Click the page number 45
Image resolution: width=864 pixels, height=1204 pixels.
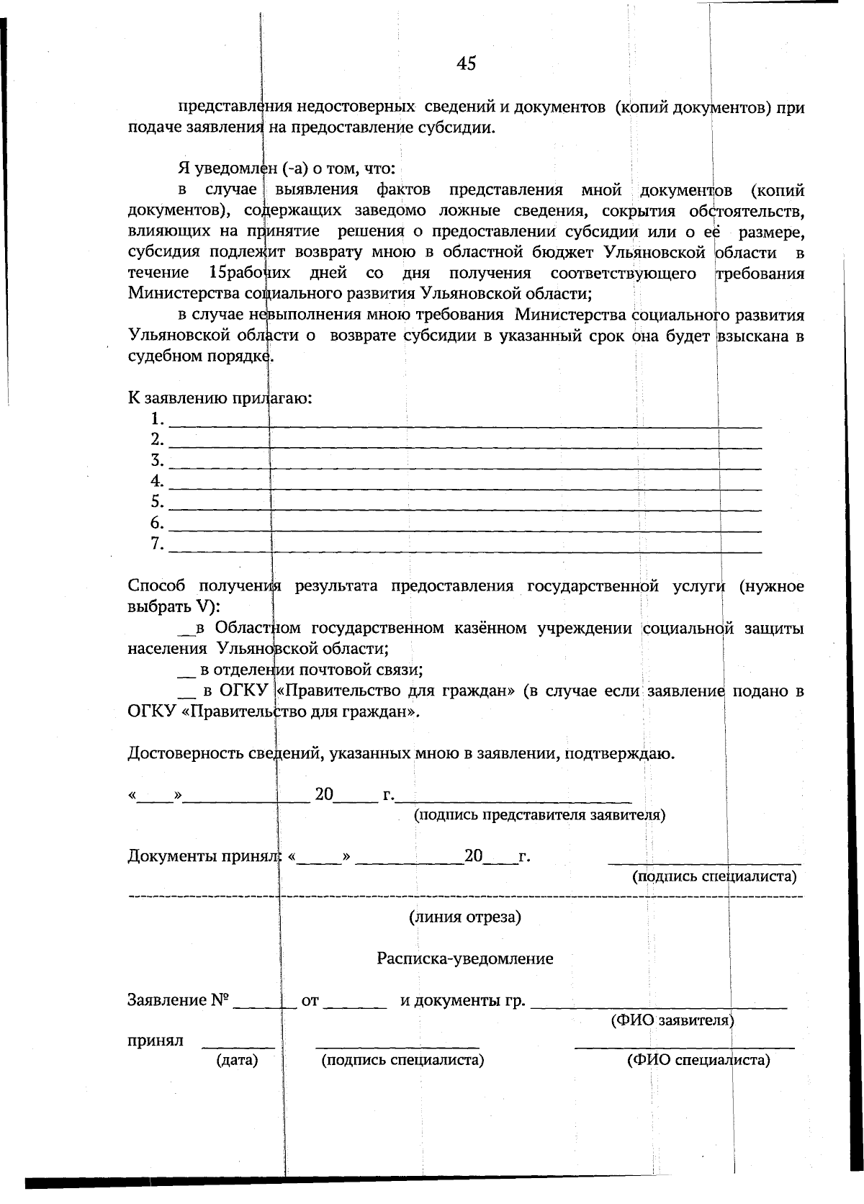tap(466, 63)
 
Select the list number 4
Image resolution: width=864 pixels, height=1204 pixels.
tap(157, 480)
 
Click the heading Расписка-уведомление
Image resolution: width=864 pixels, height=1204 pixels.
tap(465, 958)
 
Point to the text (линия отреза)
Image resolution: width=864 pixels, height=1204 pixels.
tap(465, 917)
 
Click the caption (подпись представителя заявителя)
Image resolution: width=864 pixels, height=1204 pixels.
tap(539, 814)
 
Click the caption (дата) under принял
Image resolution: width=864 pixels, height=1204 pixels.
tap(237, 1060)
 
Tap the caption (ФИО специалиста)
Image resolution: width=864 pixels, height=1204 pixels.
tap(698, 1060)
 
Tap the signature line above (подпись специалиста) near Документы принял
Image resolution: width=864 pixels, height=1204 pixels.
tap(704, 861)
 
